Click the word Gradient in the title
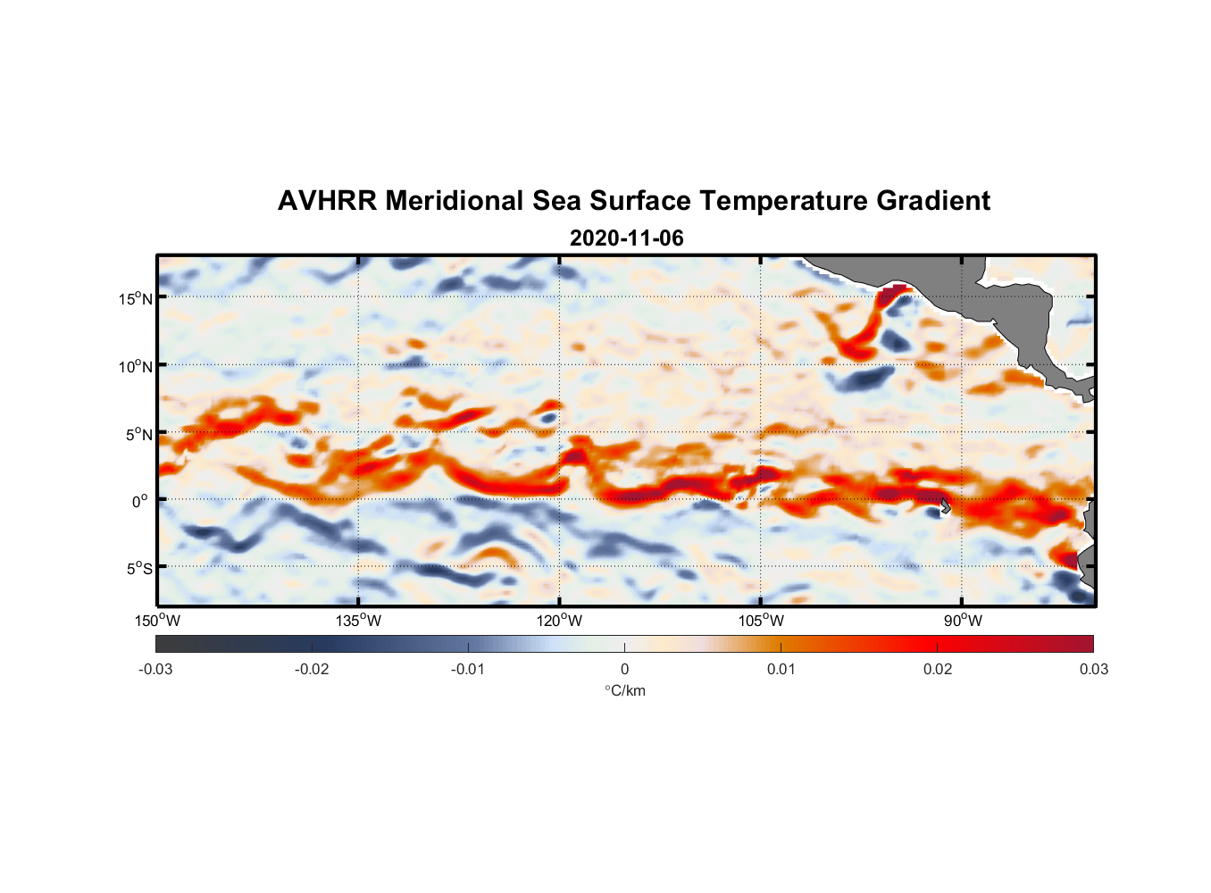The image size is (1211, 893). click(x=932, y=201)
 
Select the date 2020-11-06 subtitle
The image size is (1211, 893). click(x=626, y=238)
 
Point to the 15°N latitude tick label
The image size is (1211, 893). click(x=136, y=298)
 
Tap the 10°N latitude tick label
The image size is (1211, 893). click(x=136, y=366)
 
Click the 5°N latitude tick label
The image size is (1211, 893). click(x=138, y=434)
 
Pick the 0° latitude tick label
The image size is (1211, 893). click(x=140, y=502)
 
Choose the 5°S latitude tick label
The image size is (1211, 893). click(x=138, y=569)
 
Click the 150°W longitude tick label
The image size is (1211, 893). click(x=157, y=621)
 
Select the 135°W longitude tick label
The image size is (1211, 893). click(x=358, y=621)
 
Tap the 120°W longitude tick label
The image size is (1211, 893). click(x=559, y=621)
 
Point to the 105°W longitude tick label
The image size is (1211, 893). click(x=761, y=621)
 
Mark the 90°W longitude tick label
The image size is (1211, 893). click(x=963, y=621)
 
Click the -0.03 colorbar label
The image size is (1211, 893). click(x=155, y=669)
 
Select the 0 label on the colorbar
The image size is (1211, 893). click(x=624, y=669)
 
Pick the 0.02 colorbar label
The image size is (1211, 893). click(x=937, y=669)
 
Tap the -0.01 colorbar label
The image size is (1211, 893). click(x=468, y=669)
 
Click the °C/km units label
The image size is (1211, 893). click(x=624, y=690)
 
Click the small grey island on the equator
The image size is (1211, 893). click(x=944, y=506)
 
